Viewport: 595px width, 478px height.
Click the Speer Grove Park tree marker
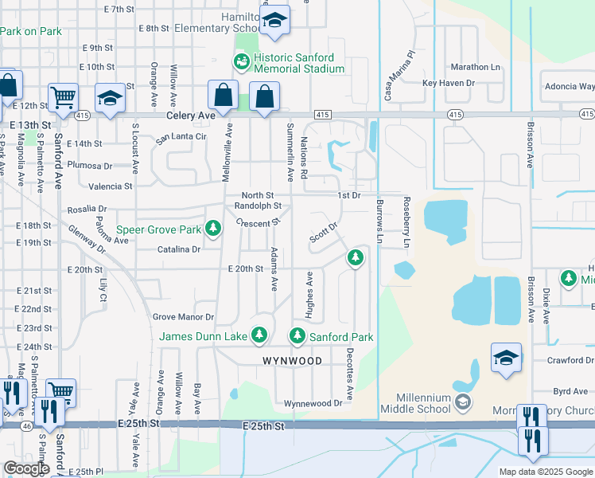[x=212, y=229]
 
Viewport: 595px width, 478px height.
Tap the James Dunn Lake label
[x=203, y=337]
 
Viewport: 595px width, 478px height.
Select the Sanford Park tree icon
[x=297, y=336]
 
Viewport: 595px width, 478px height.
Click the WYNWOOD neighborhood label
[x=293, y=361]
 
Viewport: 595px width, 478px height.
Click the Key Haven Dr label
[x=449, y=83]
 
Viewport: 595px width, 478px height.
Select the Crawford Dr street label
[x=570, y=360]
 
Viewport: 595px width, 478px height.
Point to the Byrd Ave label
[x=570, y=391]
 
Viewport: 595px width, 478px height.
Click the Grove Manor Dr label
[x=184, y=317]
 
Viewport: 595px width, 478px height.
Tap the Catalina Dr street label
[x=179, y=249]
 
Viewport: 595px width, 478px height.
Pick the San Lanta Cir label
[x=181, y=137]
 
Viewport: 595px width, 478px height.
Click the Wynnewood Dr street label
[x=313, y=403]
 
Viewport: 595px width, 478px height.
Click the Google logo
[x=26, y=468]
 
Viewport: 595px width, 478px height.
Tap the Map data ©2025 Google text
[x=546, y=472]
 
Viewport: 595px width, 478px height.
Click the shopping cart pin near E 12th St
[x=63, y=97]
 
